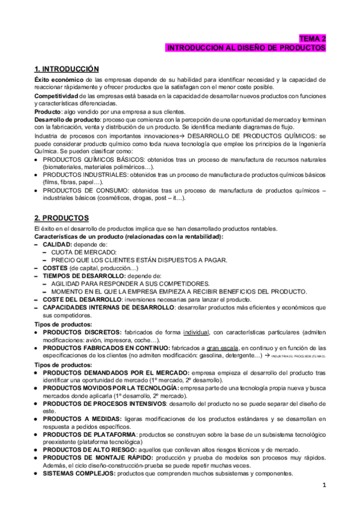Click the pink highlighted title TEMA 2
click(313, 38)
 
